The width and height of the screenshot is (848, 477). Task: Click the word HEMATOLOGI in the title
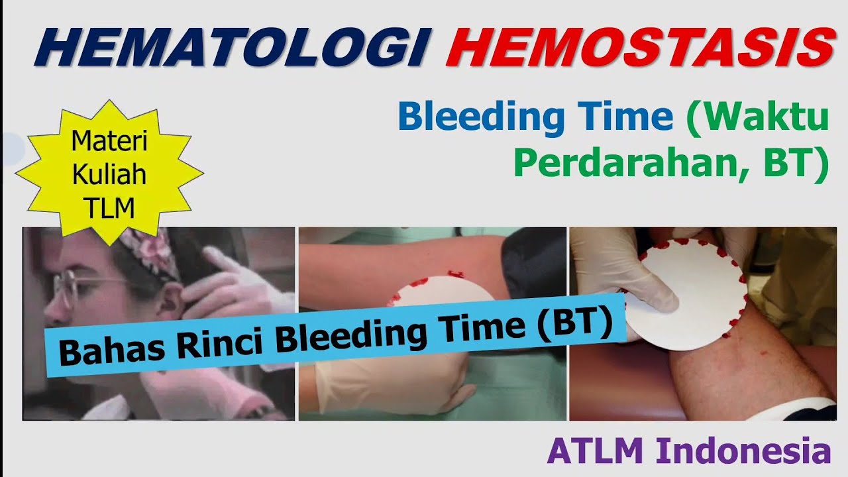pos(229,48)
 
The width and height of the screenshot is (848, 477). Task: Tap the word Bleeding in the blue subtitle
pos(481,117)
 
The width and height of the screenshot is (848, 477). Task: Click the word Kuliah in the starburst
pos(109,176)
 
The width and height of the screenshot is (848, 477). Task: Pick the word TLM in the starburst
pos(109,208)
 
